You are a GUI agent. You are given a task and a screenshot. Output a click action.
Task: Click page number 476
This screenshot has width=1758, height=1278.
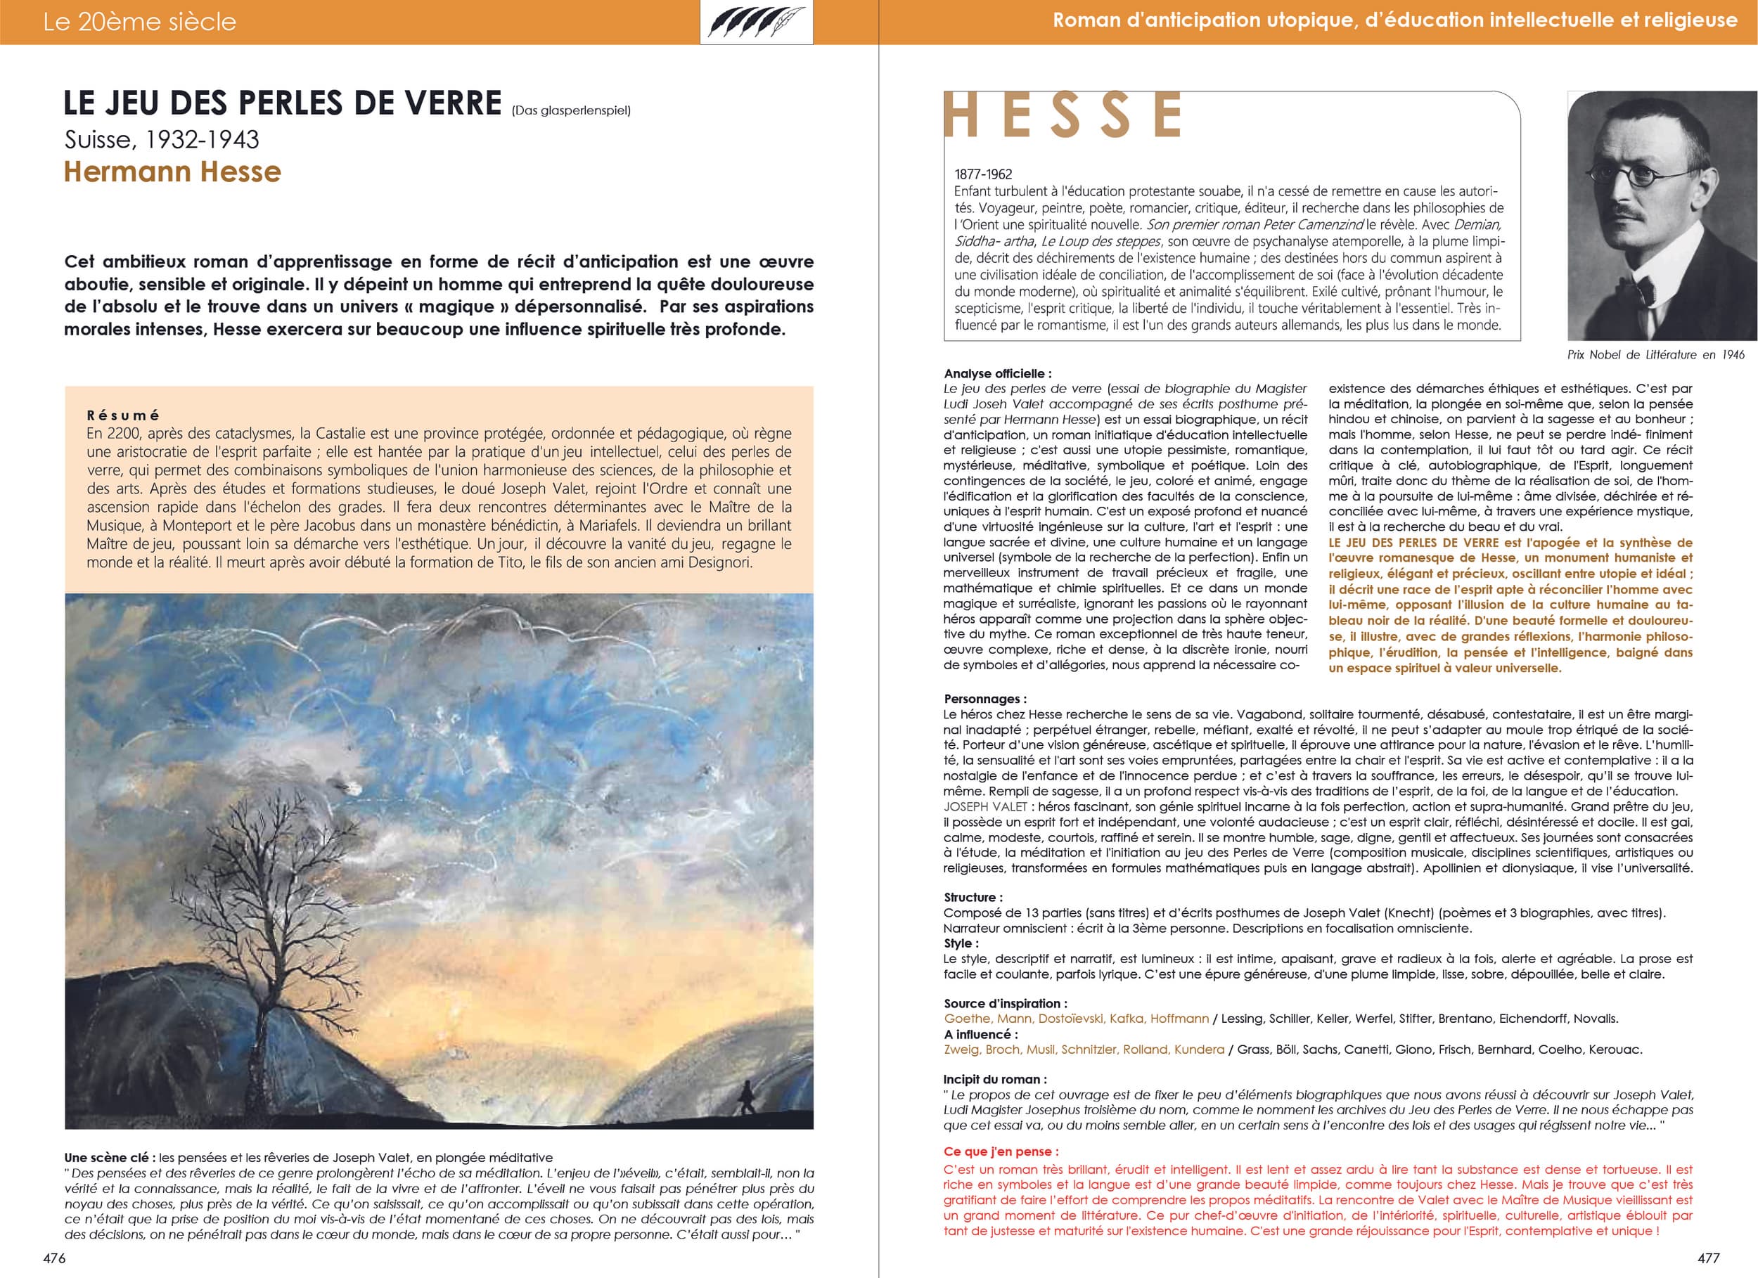tap(54, 1258)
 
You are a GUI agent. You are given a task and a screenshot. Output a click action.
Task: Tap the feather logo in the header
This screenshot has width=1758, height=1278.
tap(756, 22)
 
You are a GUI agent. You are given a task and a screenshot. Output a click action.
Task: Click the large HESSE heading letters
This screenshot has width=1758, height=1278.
tap(1063, 115)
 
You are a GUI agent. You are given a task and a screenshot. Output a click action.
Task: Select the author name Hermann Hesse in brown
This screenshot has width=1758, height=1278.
tap(172, 172)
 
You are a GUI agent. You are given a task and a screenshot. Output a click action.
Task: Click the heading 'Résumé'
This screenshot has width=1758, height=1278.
tap(123, 415)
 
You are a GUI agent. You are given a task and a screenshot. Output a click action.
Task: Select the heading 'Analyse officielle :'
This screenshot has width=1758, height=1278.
tap(998, 373)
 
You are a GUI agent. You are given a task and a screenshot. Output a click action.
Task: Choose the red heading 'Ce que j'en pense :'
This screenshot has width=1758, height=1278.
tap(1001, 1151)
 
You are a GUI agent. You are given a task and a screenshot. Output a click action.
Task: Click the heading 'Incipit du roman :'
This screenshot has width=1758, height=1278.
tap(995, 1079)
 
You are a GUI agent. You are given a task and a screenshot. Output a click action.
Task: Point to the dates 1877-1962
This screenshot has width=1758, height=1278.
tap(983, 174)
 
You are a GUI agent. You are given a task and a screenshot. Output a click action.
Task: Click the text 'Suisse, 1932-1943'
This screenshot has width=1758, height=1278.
tap(161, 139)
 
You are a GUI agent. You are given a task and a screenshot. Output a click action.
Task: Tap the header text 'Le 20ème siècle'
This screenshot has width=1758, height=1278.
tap(139, 22)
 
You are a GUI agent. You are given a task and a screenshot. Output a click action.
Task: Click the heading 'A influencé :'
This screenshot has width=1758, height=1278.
tap(980, 1034)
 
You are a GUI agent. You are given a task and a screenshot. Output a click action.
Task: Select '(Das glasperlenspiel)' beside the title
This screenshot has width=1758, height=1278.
tap(571, 110)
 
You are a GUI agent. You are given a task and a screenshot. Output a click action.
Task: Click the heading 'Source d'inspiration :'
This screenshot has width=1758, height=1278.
tap(1006, 1003)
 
